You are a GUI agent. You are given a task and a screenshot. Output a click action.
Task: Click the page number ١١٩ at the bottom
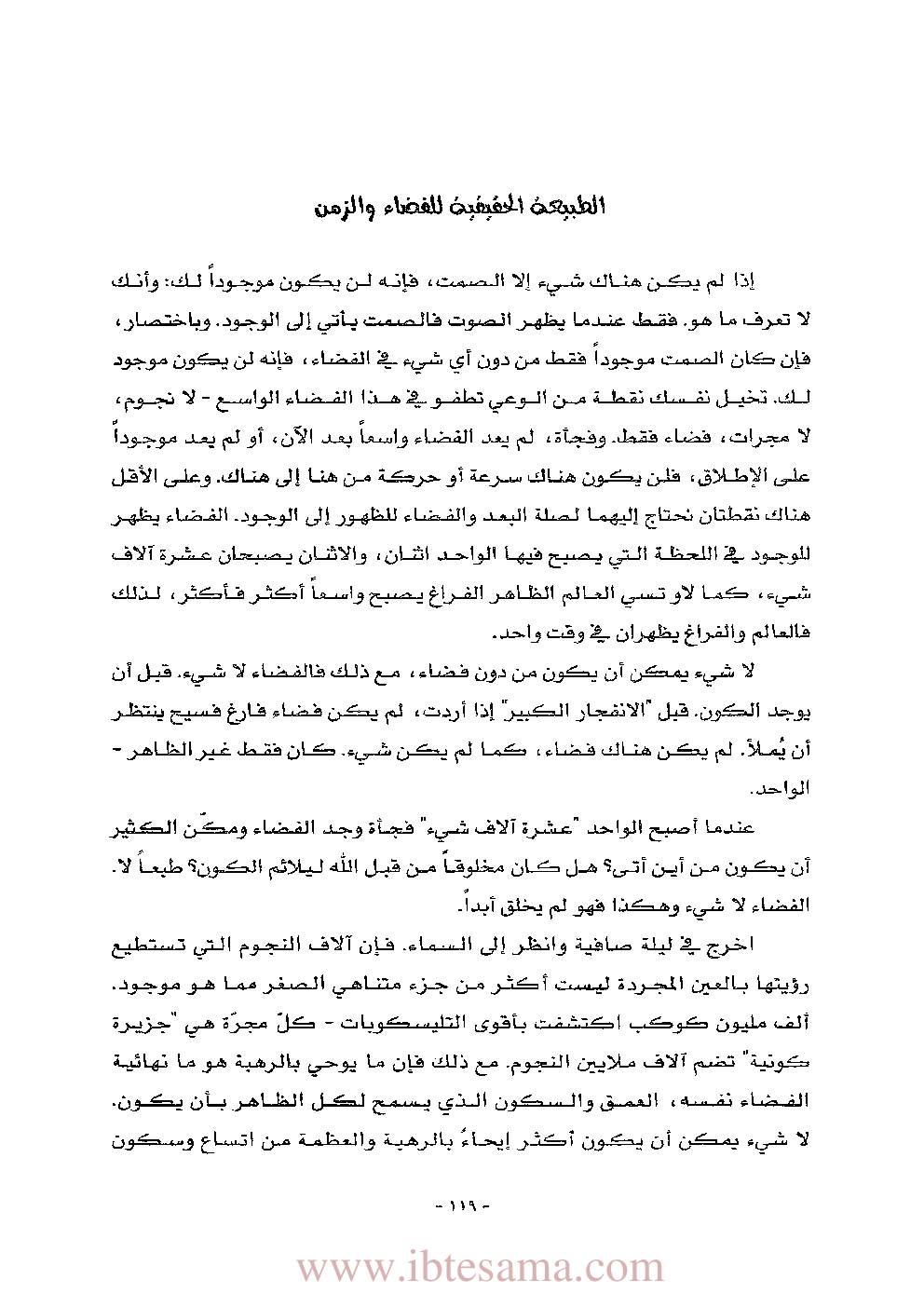click(x=462, y=1205)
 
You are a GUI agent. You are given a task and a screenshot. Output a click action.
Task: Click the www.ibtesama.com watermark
click(x=480, y=1267)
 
